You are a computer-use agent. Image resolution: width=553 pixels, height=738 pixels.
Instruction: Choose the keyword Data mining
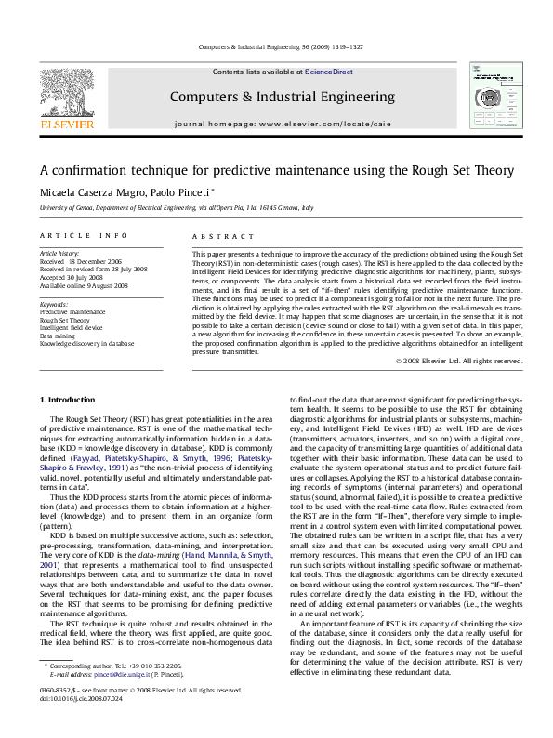pyautogui.click(x=57, y=335)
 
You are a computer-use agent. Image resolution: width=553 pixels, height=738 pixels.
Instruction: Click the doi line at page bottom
pyautogui.click(x=74, y=722)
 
